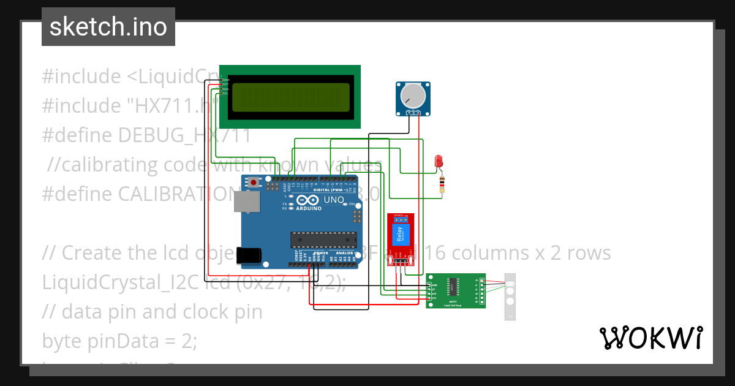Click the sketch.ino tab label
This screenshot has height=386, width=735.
[x=108, y=27]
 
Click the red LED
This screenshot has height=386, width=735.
[x=438, y=162]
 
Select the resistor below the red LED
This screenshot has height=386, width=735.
[x=442, y=184]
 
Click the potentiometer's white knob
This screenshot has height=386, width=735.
[x=413, y=95]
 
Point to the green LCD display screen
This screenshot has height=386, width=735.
[x=290, y=97]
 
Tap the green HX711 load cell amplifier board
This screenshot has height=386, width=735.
[x=455, y=290]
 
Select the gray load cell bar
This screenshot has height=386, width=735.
[x=510, y=296]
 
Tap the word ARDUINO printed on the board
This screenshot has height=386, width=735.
[x=309, y=208]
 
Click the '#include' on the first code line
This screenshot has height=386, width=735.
[x=81, y=77]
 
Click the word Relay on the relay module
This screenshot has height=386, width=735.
[x=400, y=233]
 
